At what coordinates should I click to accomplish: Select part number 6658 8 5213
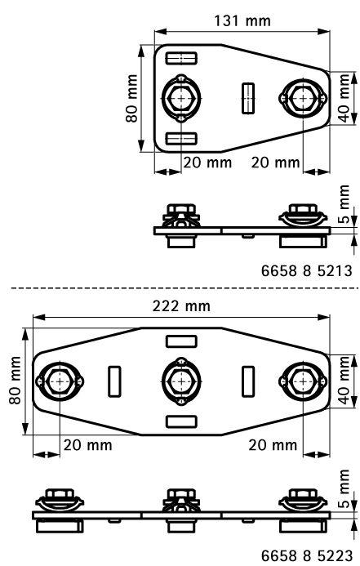309,273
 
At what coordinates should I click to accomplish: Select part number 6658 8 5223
309,556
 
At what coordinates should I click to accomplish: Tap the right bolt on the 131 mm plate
303,97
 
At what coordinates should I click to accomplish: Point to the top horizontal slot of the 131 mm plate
180,58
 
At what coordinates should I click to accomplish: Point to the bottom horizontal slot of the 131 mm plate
180,137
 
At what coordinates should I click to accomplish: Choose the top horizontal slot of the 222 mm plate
180,341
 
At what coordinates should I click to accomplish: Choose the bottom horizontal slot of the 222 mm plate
180,421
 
